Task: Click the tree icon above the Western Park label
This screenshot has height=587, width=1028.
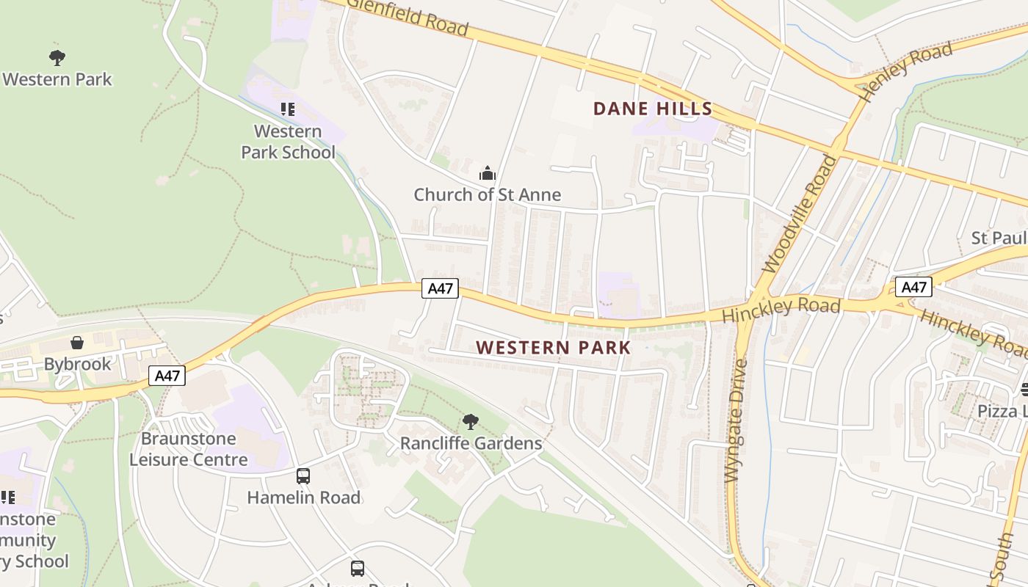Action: point(57,57)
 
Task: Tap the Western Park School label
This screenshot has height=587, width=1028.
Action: point(288,142)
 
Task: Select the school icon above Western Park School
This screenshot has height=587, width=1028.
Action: point(288,109)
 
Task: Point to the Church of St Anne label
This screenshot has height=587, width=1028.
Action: point(487,194)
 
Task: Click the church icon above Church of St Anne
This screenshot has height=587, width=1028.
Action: point(487,174)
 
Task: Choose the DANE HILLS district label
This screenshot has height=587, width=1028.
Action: point(653,109)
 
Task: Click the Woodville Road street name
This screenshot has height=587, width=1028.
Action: point(800,214)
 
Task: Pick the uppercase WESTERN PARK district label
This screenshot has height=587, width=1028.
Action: point(554,347)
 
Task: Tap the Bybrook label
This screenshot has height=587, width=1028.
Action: point(77,364)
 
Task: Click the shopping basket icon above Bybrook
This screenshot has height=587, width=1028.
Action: point(77,343)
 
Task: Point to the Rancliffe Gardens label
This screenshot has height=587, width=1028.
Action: point(471,443)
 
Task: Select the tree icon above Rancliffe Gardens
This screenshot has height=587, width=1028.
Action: point(471,422)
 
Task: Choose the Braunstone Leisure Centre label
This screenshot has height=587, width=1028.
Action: point(189,449)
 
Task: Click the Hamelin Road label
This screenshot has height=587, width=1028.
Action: point(303,497)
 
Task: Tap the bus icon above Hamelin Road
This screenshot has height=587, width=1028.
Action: point(303,476)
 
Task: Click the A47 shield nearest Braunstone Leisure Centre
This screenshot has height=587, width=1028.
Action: point(167,376)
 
